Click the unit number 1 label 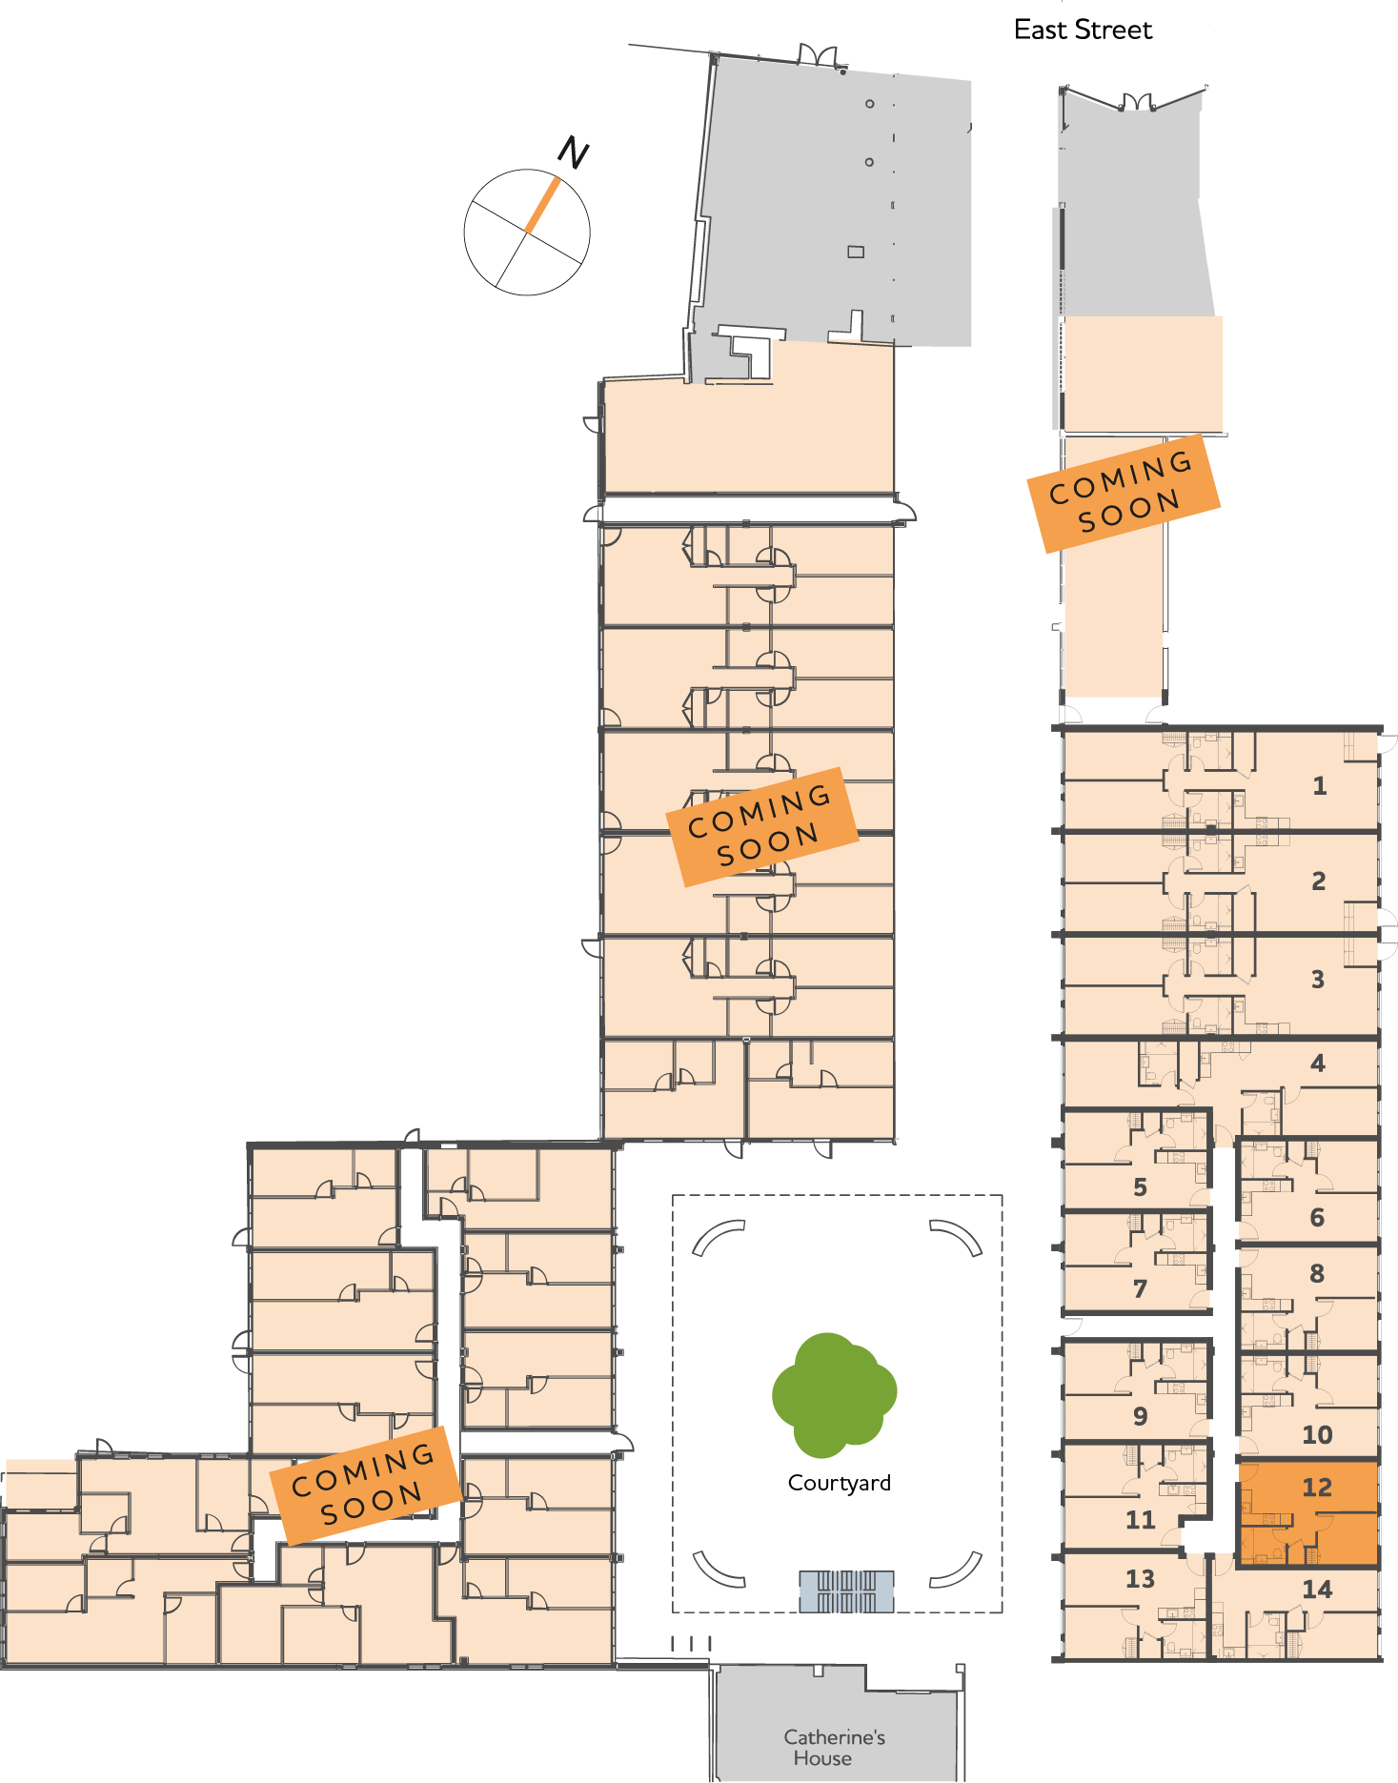pos(1319,786)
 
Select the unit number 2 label pos(1318,881)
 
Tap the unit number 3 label pos(1318,980)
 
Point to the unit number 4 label pos(1318,1064)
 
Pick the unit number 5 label pos(1140,1187)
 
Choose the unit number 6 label pos(1317,1218)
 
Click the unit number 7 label pos(1140,1289)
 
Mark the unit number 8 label pos(1317,1274)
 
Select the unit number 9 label pos(1140,1417)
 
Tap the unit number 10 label pos(1317,1435)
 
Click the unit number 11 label pos(1140,1521)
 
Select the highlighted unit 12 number pos(1317,1488)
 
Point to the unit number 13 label pos(1140,1580)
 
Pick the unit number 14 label pos(1317,1590)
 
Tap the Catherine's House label pos(833,1748)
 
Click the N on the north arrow pos(573,153)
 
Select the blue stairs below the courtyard pos(846,1591)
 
